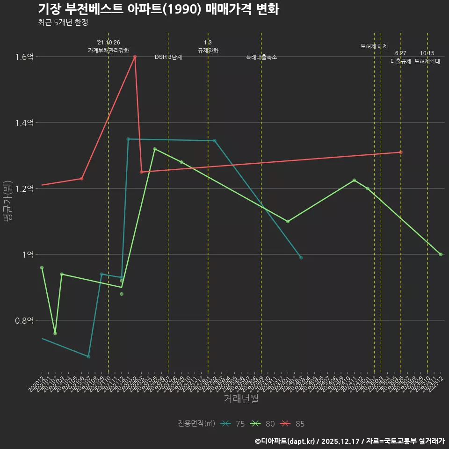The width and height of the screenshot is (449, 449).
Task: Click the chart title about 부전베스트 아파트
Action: tap(158, 9)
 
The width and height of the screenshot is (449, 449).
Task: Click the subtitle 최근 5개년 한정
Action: tap(63, 22)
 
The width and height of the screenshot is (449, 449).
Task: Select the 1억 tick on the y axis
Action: tap(27, 254)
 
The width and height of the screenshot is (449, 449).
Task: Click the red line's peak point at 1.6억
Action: tap(135, 57)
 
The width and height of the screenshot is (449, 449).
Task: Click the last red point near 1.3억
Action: tap(401, 152)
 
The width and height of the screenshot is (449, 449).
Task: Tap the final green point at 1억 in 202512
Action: tap(441, 254)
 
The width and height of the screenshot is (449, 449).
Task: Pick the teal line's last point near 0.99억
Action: tap(301, 258)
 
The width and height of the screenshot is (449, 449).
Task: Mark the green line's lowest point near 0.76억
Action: tap(55, 333)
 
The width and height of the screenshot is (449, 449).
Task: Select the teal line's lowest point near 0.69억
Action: tap(88, 356)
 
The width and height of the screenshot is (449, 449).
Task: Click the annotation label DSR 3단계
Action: tap(168, 57)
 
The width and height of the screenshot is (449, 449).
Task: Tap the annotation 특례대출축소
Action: tap(261, 57)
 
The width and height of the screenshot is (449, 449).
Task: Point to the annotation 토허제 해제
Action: tap(374, 46)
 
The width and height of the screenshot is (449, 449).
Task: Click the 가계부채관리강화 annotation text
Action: tap(109, 50)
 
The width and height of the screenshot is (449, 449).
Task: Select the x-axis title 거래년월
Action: tap(241, 399)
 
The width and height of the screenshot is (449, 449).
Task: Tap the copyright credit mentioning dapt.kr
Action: tap(349, 441)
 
